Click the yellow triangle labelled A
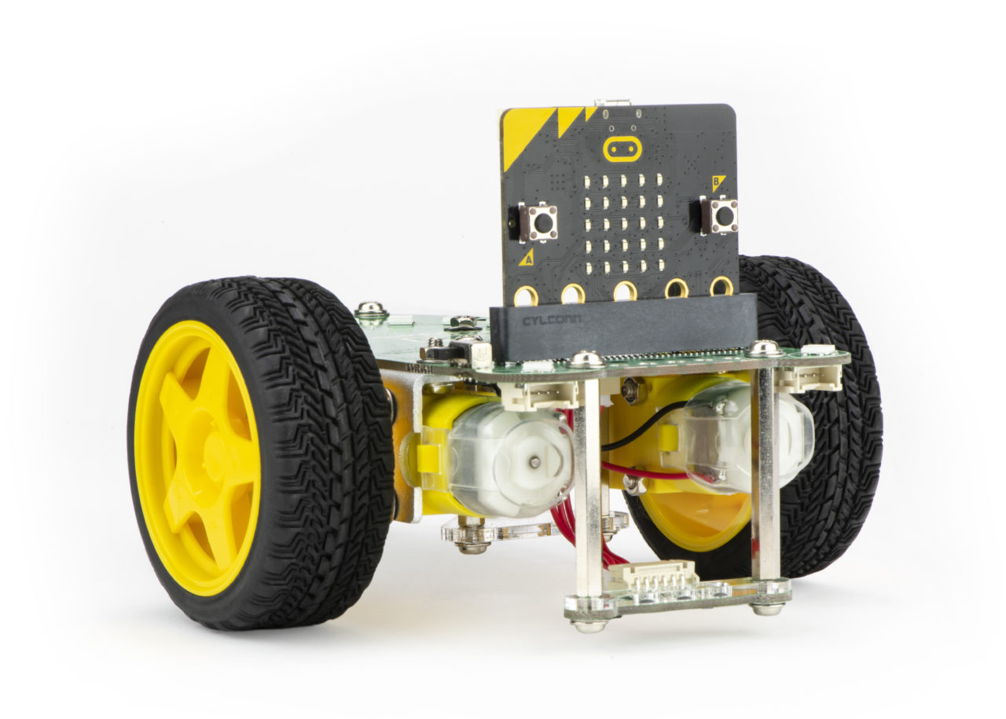pos(526,257)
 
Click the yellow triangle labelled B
pos(717,183)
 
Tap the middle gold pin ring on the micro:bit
pos(625,291)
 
